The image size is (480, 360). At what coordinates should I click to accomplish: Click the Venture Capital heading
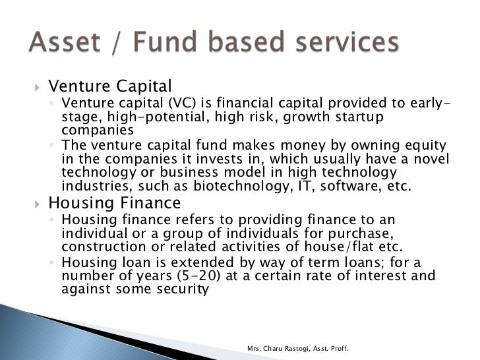click(x=110, y=86)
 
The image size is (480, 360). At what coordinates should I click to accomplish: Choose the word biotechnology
click(x=212, y=186)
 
